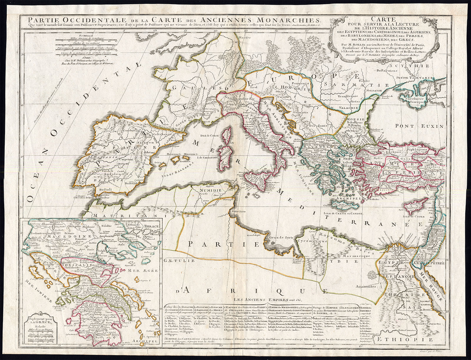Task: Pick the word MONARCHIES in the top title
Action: [290, 20]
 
